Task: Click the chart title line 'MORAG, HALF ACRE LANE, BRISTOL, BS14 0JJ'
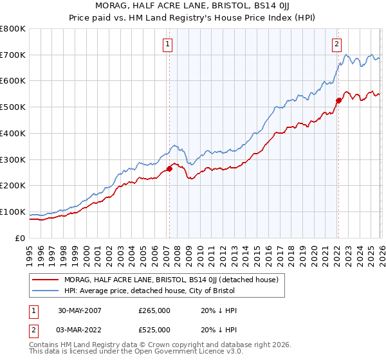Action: [193, 5]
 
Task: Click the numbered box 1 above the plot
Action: [167, 44]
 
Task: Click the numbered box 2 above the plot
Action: [336, 44]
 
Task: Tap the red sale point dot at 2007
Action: [169, 169]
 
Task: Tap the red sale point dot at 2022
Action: [338, 100]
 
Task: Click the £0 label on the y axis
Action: [19, 238]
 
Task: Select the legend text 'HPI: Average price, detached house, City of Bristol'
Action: [150, 291]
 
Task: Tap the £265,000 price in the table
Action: [154, 310]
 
